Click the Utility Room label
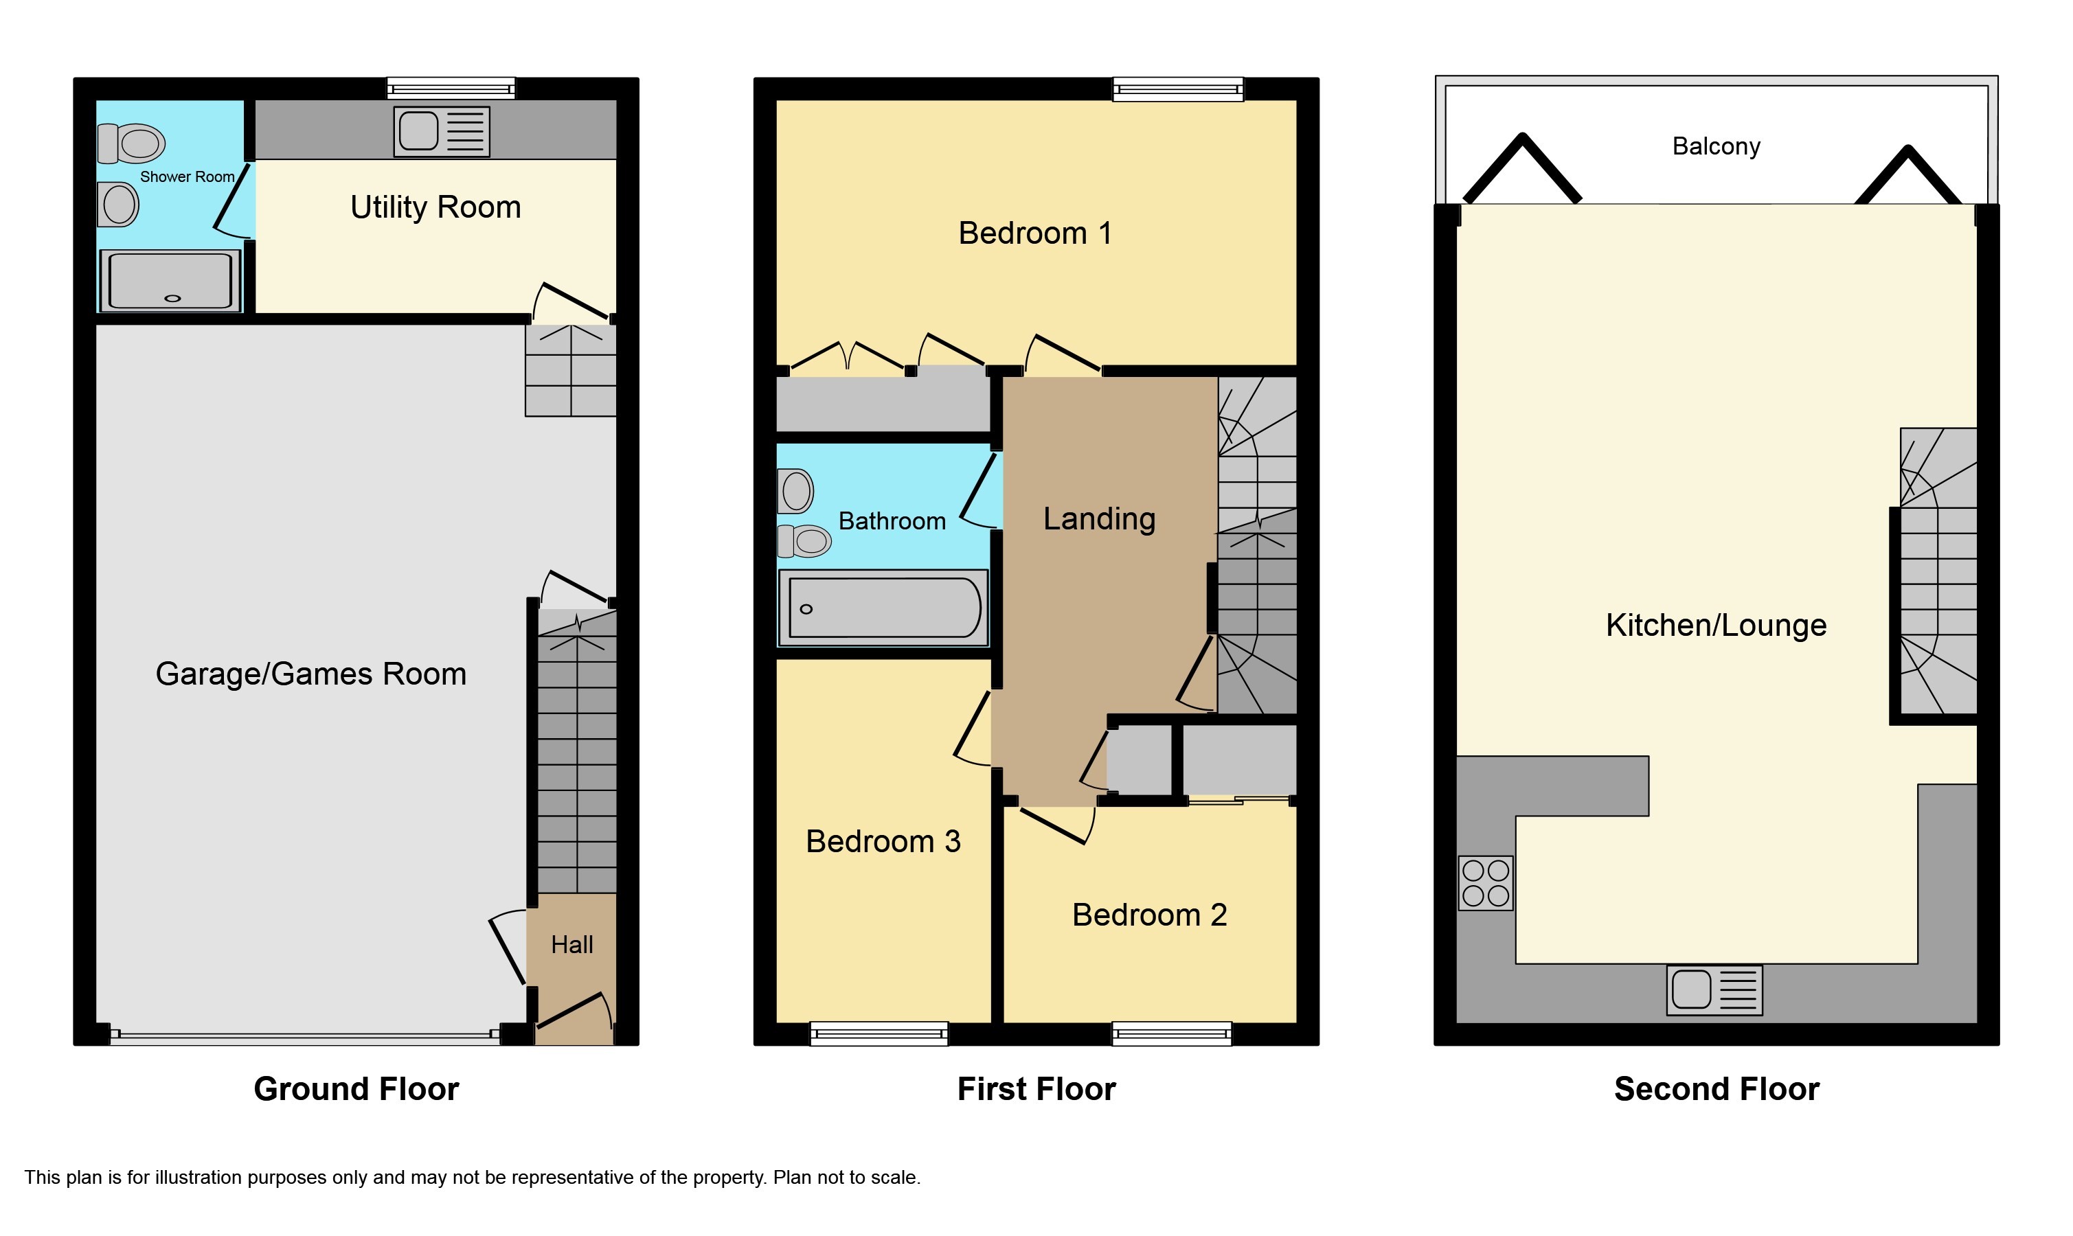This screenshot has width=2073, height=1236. point(435,207)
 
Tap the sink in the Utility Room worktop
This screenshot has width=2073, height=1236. point(442,132)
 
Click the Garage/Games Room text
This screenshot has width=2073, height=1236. point(310,673)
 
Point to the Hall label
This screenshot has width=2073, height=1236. point(572,944)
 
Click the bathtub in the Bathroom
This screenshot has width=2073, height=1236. point(883,608)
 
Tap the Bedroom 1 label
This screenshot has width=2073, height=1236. point(1035,233)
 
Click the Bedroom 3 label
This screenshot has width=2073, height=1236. point(883,841)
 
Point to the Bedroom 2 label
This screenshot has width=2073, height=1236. point(1149,915)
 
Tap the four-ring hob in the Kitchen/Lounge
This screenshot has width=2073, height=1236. point(1486,883)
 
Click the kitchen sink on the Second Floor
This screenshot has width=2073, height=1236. point(1714,990)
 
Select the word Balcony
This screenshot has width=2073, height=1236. point(1716,146)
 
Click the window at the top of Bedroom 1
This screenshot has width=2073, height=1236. point(1178,89)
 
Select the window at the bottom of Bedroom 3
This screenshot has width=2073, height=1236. point(879,1033)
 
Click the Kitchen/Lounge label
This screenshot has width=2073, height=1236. point(1716,625)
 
